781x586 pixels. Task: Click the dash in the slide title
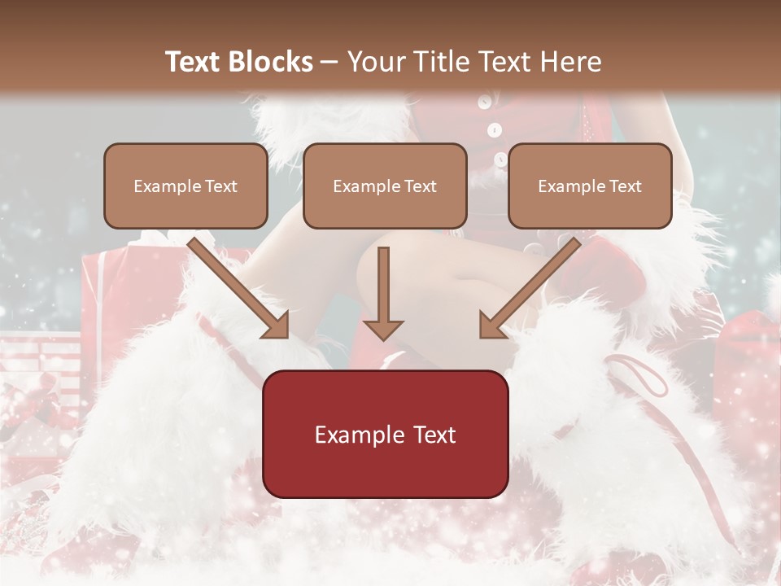pyautogui.click(x=329, y=63)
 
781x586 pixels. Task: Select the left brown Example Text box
pyautogui.click(x=185, y=186)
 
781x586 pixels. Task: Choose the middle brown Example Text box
pyautogui.click(x=385, y=186)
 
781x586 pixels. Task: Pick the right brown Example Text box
pyautogui.click(x=590, y=186)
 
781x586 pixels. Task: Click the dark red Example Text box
pyautogui.click(x=385, y=434)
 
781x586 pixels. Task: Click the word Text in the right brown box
pyautogui.click(x=625, y=186)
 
